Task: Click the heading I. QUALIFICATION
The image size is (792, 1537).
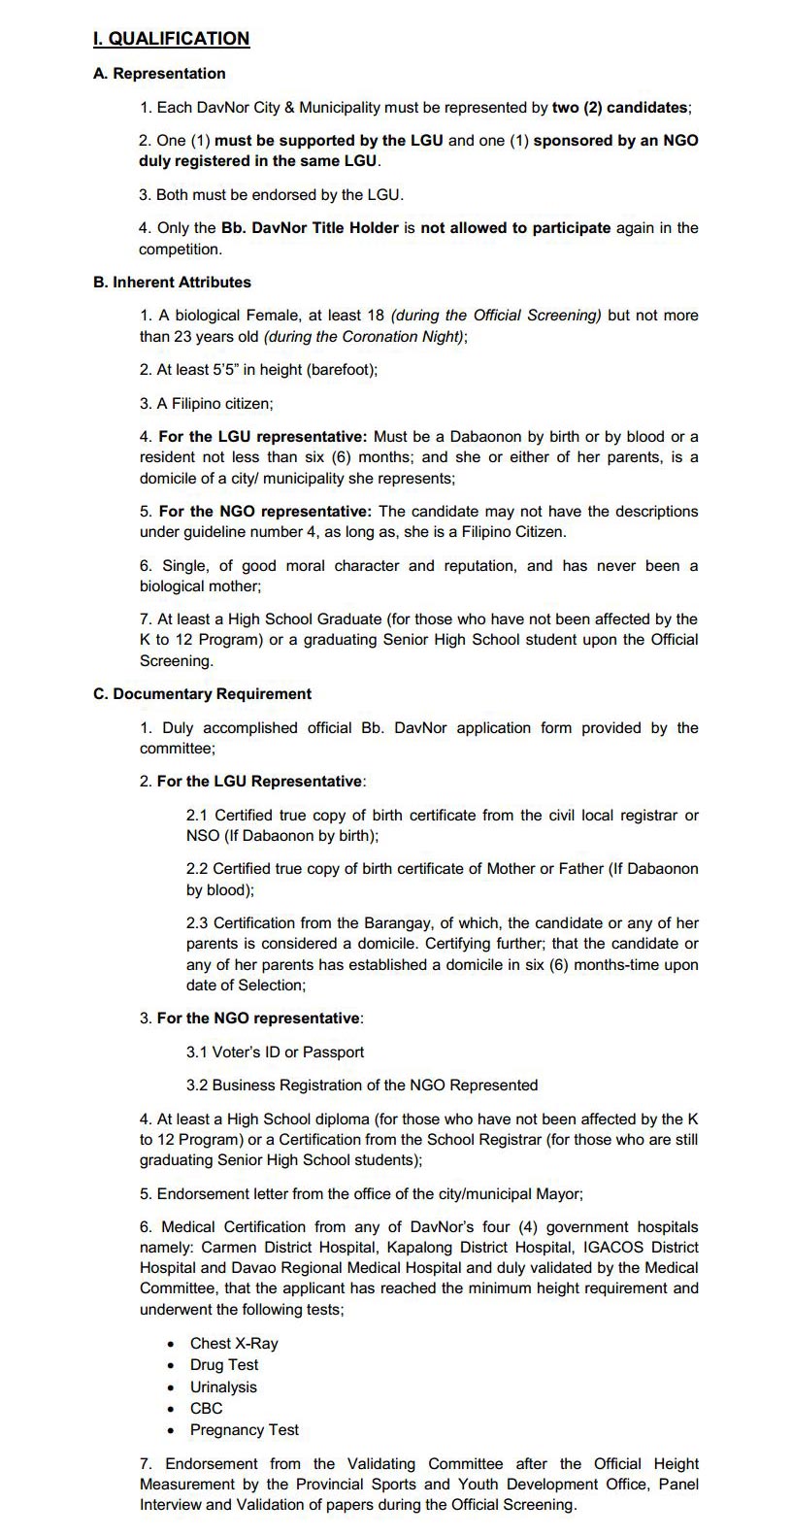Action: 171,39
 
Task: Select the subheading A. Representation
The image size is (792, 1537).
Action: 159,74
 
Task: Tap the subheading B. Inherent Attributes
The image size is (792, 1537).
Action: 172,283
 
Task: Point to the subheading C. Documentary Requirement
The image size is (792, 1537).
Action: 202,694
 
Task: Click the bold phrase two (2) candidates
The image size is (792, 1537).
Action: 621,107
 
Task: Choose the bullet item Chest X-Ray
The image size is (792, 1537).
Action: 234,1344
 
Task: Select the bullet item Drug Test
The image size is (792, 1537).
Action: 224,1365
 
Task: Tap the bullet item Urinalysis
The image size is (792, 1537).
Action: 223,1387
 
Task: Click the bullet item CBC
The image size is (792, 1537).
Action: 206,1409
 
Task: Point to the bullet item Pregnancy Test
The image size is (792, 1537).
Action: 245,1430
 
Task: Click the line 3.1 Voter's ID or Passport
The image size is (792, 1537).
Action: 275,1053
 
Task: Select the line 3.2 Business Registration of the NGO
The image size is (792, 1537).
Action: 361,1086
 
